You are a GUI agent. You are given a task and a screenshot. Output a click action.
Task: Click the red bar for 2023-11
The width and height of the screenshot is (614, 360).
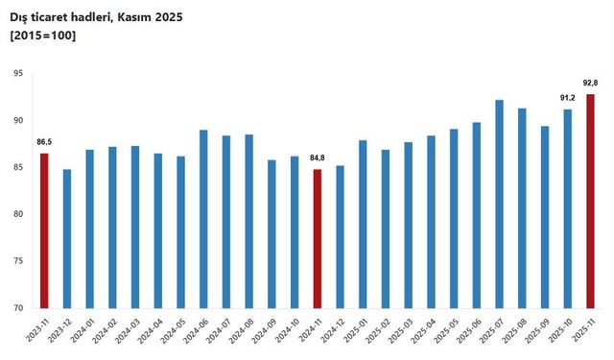point(44,230)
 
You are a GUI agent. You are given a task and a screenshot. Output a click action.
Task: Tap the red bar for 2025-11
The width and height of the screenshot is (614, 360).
point(590,201)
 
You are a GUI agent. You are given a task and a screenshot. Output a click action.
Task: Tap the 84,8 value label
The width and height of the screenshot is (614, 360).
point(318,159)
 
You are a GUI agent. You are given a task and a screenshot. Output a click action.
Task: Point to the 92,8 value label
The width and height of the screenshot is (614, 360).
point(590,84)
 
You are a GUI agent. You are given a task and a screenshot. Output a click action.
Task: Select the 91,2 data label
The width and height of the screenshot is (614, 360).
point(567,99)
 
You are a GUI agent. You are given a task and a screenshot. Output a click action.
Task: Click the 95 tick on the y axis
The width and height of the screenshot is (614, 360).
point(17,74)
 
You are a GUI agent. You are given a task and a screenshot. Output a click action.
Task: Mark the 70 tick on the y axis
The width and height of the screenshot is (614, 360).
point(17,308)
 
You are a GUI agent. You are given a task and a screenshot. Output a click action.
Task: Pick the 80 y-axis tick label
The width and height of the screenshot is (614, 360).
point(17,214)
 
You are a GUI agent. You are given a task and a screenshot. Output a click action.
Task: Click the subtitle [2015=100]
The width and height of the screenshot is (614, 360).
point(43,36)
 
